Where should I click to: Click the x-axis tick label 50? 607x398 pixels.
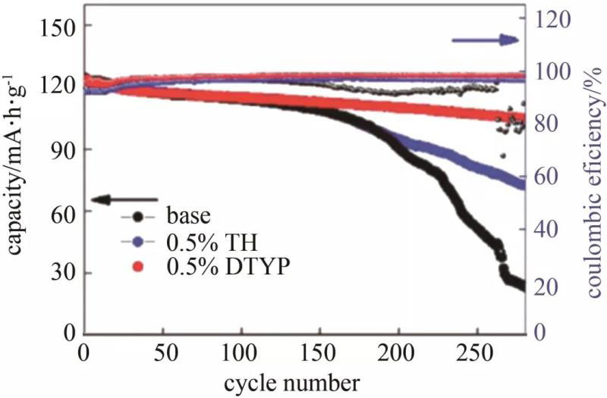click(x=162, y=353)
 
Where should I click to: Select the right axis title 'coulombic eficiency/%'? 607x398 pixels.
click(x=590, y=171)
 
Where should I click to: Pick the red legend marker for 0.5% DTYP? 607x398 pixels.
click(x=137, y=268)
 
